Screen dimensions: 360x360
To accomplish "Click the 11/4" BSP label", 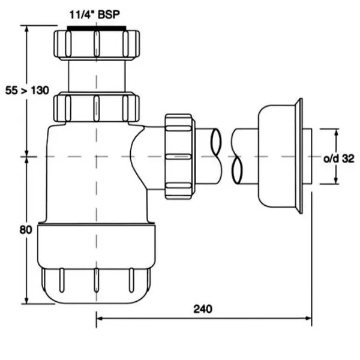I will coord(96,13).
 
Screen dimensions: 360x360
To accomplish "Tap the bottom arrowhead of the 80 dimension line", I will coord(26,302).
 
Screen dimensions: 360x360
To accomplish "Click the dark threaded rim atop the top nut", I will coord(96,28).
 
